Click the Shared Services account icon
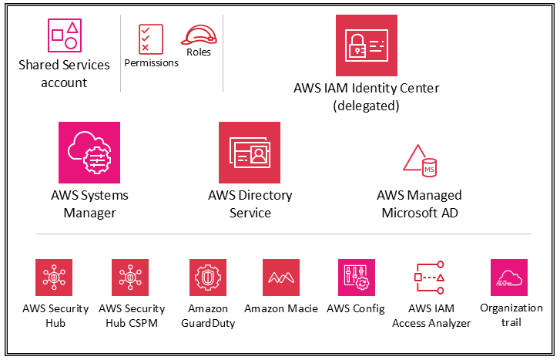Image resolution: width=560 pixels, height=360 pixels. point(64,35)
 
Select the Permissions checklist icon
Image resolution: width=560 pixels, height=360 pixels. point(150,39)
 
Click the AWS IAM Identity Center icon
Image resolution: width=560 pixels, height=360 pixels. point(366,45)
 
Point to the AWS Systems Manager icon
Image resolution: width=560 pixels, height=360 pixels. point(89,152)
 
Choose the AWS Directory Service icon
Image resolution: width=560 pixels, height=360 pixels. point(250,152)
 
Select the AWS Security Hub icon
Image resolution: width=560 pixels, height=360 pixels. point(54,278)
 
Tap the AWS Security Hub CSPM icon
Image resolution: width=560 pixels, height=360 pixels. point(131,278)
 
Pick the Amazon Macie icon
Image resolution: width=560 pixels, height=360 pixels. point(281,278)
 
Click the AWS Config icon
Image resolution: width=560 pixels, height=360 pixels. point(357,278)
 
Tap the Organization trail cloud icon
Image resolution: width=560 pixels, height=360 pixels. point(509,278)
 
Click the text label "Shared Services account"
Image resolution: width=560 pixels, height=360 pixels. point(64,73)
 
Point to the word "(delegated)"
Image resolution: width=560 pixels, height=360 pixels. point(366,106)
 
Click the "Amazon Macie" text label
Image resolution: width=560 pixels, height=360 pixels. point(281,309)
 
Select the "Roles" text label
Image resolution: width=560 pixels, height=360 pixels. point(199,52)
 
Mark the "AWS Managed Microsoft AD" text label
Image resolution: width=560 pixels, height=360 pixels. point(420,204)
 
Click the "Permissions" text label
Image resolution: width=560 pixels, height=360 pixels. point(151,63)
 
